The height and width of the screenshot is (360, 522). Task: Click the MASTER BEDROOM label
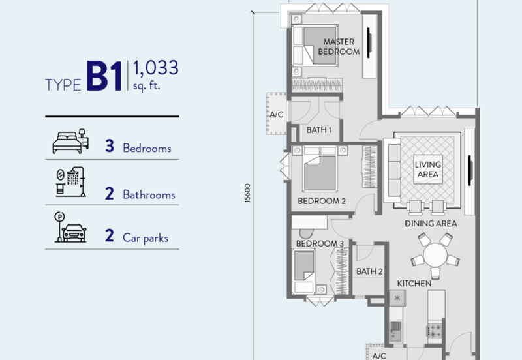tap(339, 46)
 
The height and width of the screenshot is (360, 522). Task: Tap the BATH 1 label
tap(319, 130)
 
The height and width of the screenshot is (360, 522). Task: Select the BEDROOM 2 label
tap(322, 201)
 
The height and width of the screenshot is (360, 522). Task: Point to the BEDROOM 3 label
tap(320, 243)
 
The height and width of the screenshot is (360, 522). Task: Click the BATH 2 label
tap(369, 271)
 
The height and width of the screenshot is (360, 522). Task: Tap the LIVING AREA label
tap(428, 170)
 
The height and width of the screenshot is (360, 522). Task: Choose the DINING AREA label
tap(431, 224)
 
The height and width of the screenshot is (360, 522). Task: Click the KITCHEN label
tap(414, 284)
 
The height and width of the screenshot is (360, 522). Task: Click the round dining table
tap(435, 255)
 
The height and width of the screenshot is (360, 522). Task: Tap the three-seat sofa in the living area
tap(392, 170)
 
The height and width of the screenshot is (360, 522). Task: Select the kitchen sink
tap(396, 331)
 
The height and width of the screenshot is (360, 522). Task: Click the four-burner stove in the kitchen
tap(435, 331)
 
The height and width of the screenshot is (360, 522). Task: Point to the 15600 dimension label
tap(247, 193)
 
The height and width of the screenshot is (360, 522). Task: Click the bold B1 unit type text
tap(104, 76)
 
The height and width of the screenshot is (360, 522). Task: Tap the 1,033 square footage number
tap(156, 68)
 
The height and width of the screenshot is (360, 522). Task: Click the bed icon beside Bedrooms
tap(70, 142)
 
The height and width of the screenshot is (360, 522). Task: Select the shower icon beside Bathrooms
tap(71, 182)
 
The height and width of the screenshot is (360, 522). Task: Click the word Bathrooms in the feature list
tap(149, 194)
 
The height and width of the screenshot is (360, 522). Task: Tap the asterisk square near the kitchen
tap(397, 298)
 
